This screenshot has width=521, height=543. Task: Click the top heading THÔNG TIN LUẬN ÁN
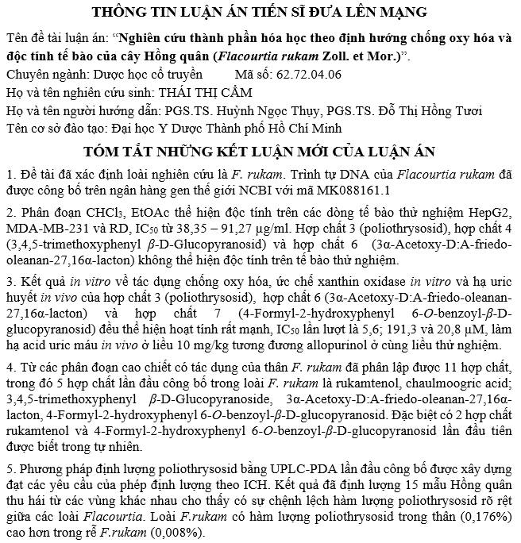(x=259, y=12)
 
